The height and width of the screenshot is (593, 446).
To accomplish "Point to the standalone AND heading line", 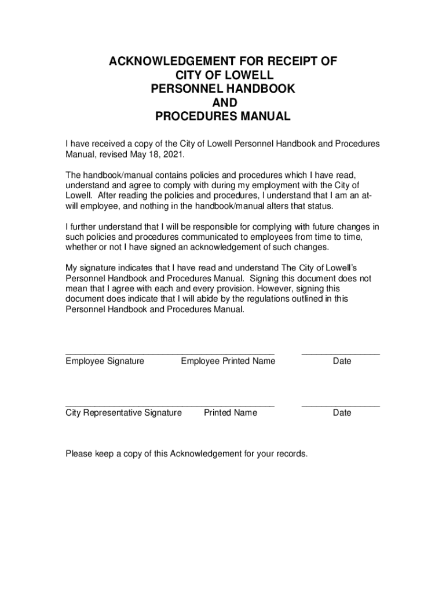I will (x=223, y=103).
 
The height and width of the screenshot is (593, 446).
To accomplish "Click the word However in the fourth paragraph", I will (x=277, y=288).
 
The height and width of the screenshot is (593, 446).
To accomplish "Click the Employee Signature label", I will (x=105, y=361).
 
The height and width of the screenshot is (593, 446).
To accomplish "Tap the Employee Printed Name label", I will (x=228, y=361).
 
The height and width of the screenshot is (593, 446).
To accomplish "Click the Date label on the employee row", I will (x=342, y=361).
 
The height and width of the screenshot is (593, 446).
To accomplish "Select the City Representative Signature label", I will (x=123, y=413).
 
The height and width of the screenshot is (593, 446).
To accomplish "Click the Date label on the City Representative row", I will (x=342, y=413).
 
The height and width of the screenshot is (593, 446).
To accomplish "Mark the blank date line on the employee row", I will (x=341, y=353).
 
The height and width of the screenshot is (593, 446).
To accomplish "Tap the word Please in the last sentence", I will (x=79, y=453).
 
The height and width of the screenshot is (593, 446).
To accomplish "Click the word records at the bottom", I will (x=290, y=453).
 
